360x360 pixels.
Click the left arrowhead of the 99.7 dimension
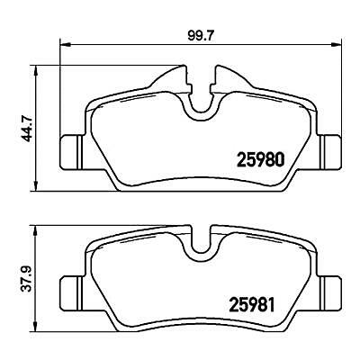point(63,44)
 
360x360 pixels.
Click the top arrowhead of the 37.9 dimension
point(37,229)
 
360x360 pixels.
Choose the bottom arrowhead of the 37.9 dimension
point(37,328)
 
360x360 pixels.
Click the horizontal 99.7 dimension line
point(135,44)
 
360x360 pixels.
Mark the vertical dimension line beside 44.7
point(37,126)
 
